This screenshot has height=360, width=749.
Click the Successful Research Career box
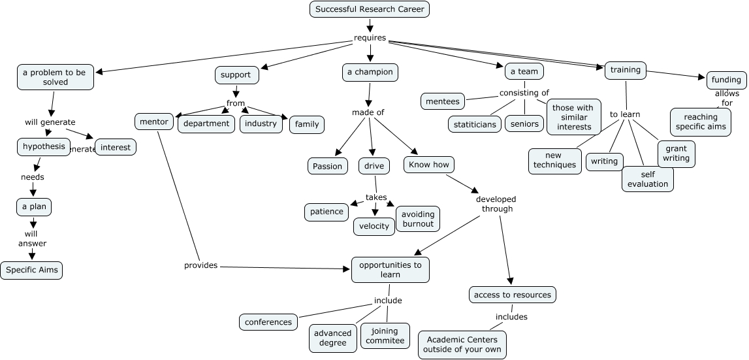tap(370, 9)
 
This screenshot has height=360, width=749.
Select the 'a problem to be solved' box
tap(54, 78)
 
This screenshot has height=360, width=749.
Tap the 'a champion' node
tap(370, 72)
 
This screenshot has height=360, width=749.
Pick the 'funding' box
tap(726, 80)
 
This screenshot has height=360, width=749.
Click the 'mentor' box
tap(155, 122)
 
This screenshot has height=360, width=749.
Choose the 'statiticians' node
tap(475, 123)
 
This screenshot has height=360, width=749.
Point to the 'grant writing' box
tap(676, 154)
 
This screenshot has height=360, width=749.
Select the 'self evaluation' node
tap(647, 179)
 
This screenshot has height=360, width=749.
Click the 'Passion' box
tap(327, 166)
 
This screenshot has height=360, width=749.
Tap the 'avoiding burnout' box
tap(418, 219)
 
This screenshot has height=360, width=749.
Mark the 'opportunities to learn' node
tap(390, 270)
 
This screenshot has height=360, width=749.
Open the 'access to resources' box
tap(513, 295)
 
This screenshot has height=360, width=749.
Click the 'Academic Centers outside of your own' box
tap(462, 344)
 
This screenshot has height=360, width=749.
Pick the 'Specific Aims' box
tap(31, 270)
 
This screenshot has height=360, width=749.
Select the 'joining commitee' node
tap(385, 336)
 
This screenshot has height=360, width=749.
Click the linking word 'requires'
tap(370, 37)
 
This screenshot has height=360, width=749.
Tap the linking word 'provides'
tap(200, 265)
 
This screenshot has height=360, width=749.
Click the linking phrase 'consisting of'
tap(524, 93)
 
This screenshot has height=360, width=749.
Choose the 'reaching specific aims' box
tap(700, 122)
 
